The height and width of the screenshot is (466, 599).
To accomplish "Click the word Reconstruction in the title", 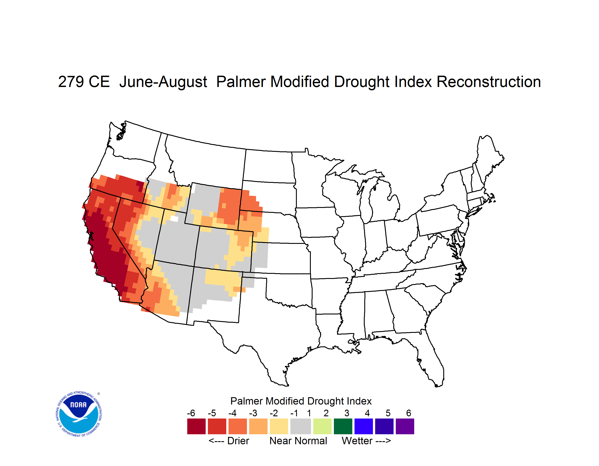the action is click(489, 82).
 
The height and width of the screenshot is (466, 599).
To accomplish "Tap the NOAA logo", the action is click(79, 414).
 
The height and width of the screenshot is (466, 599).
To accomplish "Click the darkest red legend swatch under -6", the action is click(196, 426).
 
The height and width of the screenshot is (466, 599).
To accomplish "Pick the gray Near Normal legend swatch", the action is click(301, 426).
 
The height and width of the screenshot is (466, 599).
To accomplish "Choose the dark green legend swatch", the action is click(343, 426).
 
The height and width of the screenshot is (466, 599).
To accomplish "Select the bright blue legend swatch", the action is click(364, 426).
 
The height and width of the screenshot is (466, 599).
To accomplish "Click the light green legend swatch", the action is click(322, 426).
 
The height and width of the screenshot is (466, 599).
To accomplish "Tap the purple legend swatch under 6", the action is click(405, 426).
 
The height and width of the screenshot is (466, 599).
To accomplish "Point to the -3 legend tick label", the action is click(253, 413).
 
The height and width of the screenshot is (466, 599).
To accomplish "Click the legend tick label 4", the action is click(367, 413).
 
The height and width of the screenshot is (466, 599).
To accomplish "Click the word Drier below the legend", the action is click(238, 441).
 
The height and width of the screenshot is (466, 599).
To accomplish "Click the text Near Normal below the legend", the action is click(298, 441).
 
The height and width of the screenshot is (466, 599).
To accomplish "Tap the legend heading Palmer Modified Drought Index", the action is click(301, 401).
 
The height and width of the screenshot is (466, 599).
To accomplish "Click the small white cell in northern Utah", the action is click(174, 219).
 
